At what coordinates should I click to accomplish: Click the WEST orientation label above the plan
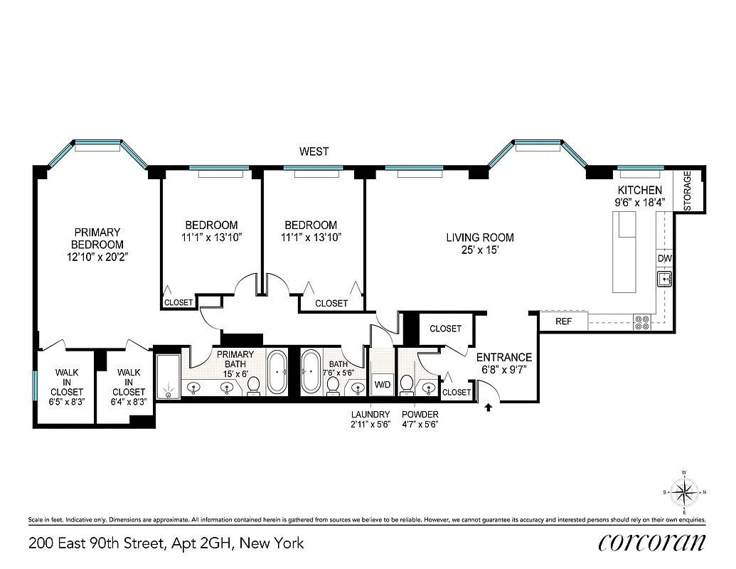pos(314,151)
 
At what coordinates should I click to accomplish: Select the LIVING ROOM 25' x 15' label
pos(479,243)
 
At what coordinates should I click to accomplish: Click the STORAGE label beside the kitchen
pos(688,191)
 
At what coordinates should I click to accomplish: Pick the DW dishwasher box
pos(664,258)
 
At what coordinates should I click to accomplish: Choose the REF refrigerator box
pos(563,321)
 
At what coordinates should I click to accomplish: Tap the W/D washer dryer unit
pos(383,385)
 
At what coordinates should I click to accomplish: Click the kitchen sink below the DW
pos(665,278)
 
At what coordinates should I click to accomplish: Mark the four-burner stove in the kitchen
pos(641,321)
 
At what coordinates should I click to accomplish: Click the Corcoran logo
pos(651,542)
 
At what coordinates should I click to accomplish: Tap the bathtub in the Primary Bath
pos(277,371)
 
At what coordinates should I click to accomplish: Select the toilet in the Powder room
pos(407,384)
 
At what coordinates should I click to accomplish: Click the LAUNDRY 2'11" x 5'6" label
pos(370,419)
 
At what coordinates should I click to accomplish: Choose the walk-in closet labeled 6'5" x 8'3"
pos(67,387)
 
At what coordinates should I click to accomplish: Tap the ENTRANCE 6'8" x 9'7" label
pos(503,363)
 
